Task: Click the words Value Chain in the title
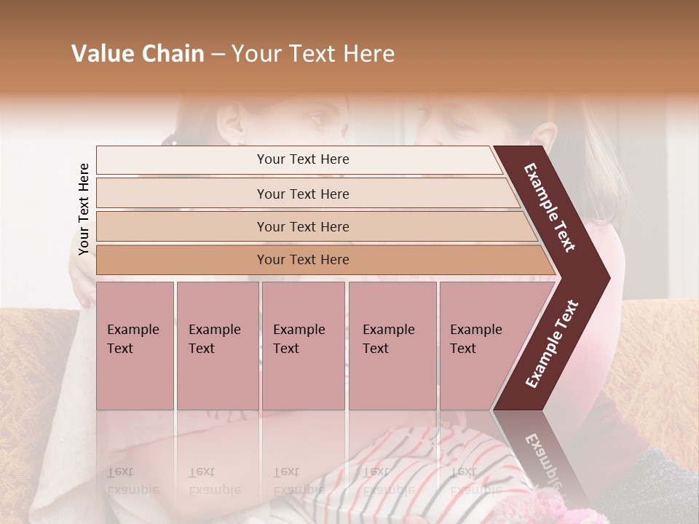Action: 138,54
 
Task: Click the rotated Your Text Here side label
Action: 84,209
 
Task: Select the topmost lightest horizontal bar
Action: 182,160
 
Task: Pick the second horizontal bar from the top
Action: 182,194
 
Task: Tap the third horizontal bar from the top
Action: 182,226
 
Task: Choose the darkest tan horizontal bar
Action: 182,260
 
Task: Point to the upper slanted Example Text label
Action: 550,207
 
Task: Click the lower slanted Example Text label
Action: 552,344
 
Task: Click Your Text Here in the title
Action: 313,54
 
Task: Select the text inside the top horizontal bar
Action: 303,159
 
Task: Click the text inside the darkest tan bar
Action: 303,260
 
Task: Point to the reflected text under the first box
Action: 133,480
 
